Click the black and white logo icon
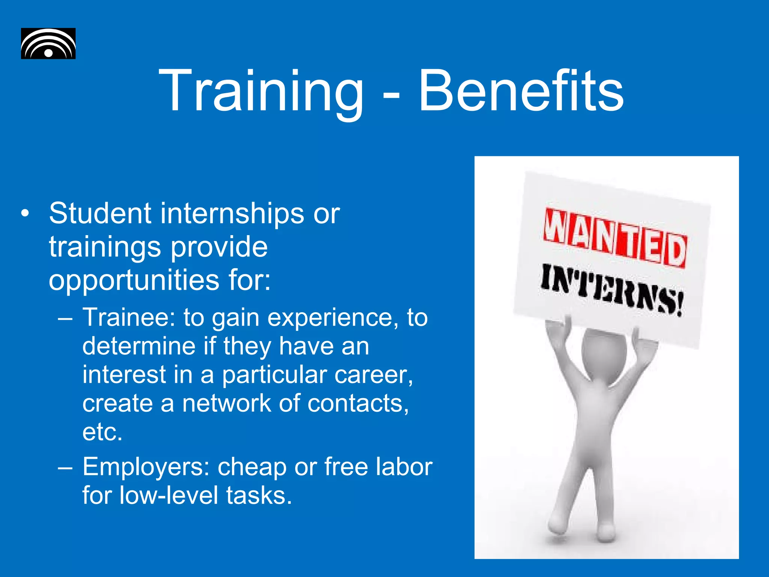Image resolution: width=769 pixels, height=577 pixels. pos(48,44)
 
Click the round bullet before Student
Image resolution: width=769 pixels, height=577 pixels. pos(25,213)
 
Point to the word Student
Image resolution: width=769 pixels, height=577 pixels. pos(100,213)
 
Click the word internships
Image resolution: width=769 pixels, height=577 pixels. pos(232,213)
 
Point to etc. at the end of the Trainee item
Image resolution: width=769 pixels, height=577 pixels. pos(103,432)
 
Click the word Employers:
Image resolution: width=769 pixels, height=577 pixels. pos(146,467)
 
